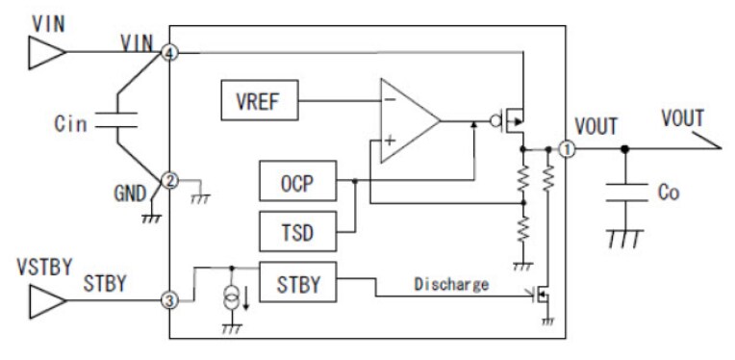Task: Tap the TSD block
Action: [x=297, y=231]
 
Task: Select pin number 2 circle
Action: [x=170, y=179]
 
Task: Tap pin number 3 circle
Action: [x=170, y=301]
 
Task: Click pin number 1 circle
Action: [x=567, y=149]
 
